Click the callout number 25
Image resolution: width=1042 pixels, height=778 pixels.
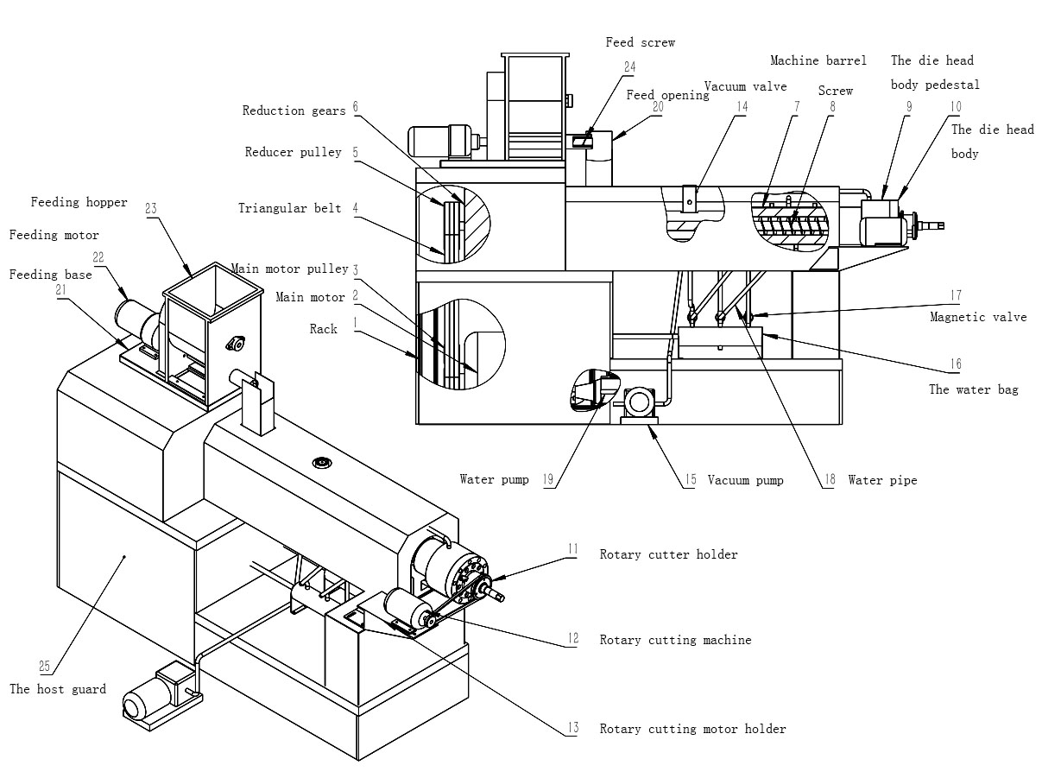pos(45,666)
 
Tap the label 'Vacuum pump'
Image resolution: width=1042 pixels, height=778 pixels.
pos(745,480)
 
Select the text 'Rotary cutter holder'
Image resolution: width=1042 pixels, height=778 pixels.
pos(668,554)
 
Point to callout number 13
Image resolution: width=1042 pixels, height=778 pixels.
pos(573,728)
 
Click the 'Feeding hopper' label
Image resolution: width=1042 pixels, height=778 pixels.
pos(79,203)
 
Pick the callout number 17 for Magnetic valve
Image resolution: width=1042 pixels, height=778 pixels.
pos(955,295)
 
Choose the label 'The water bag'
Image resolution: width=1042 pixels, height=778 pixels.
pos(973,389)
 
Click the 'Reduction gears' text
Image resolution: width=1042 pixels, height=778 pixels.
pos(294,111)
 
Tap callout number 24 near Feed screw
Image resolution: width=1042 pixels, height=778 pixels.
pos(629,66)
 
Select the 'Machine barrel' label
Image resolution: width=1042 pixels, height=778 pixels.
pos(818,60)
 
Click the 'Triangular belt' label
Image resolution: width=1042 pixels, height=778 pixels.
pos(289,208)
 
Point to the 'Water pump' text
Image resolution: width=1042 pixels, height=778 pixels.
pos(494,479)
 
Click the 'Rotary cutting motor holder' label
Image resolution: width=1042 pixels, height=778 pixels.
pos(692,730)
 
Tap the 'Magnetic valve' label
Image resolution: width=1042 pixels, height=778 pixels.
pos(977,317)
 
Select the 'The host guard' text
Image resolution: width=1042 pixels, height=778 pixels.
pos(57,689)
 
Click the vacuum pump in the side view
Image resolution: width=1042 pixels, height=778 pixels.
pos(640,402)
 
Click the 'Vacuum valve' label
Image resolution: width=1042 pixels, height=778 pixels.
pos(745,86)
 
